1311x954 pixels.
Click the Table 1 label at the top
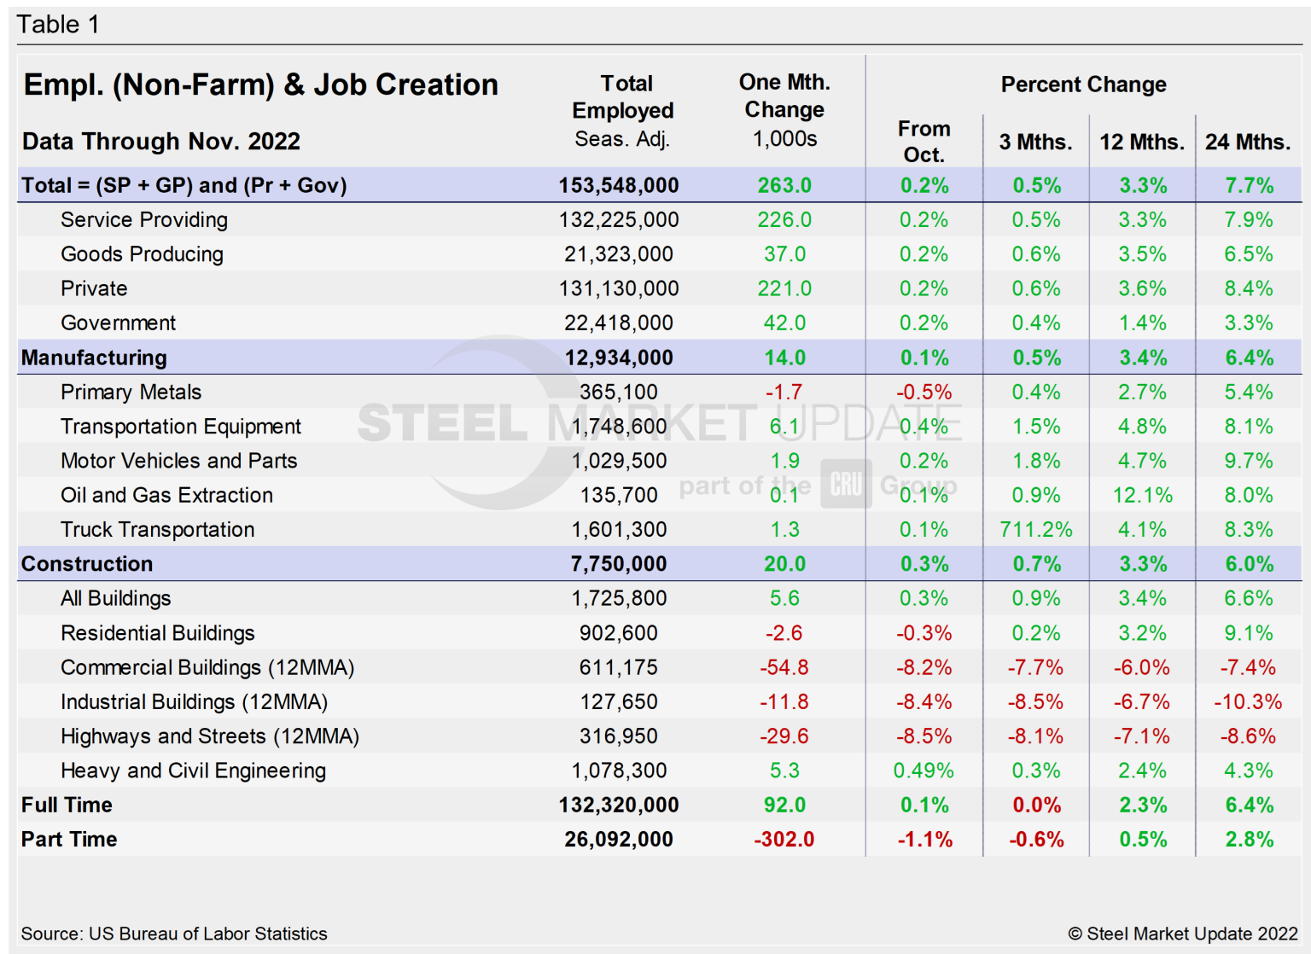[x=58, y=25]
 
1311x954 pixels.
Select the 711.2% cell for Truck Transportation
[x=1035, y=530]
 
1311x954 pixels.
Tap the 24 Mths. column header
[x=1247, y=143]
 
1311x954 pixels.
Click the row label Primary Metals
[x=131, y=393]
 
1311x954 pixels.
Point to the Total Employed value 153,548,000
[x=619, y=186]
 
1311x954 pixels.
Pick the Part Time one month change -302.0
[x=784, y=840]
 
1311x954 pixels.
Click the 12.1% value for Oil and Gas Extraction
[x=1142, y=496]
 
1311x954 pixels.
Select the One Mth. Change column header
[x=784, y=109]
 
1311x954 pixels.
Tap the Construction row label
[x=87, y=564]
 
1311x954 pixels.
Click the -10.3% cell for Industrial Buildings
[x=1248, y=702]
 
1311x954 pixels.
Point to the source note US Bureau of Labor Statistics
[x=174, y=934]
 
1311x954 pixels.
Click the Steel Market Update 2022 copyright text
[x=1182, y=934]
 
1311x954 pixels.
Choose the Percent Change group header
[x=1083, y=84]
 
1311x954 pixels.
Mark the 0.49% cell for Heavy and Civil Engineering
[x=924, y=771]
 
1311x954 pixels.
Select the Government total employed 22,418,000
[x=619, y=323]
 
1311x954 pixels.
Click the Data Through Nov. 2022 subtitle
[x=161, y=142]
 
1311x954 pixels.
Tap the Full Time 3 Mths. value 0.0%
[x=1036, y=806]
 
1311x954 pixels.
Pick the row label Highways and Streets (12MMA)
[x=210, y=736]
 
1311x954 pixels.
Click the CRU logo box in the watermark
[x=846, y=484]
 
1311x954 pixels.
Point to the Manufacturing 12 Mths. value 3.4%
[x=1142, y=358]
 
